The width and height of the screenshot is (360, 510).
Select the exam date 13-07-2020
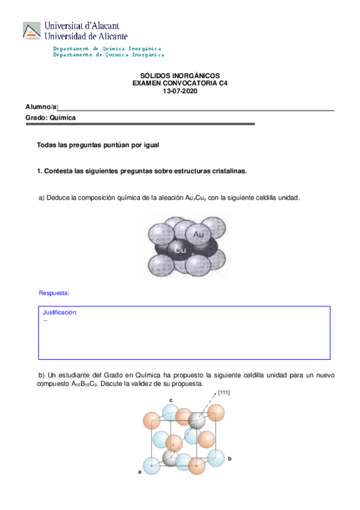(180, 91)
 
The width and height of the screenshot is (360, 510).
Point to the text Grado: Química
(50, 118)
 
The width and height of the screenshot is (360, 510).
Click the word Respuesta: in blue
(54, 293)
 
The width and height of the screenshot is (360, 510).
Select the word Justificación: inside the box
(60, 313)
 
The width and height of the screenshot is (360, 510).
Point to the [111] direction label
(224, 393)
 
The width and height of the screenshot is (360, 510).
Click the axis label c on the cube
(171, 399)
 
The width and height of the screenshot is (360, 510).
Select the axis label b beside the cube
(230, 458)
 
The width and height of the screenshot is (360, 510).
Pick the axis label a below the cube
(139, 472)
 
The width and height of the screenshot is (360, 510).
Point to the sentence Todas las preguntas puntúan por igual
(97, 145)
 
